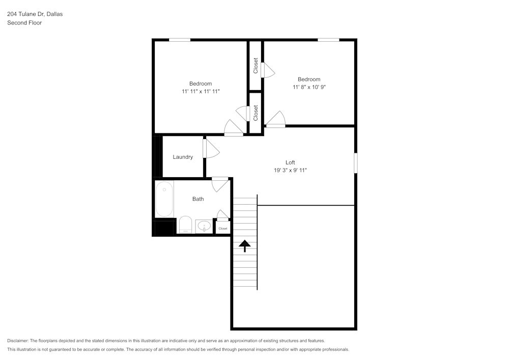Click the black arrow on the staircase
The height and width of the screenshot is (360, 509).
[245, 246]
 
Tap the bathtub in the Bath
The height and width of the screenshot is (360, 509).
[164, 199]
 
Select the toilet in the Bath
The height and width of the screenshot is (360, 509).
[185, 225]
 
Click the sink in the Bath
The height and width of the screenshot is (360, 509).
[204, 226]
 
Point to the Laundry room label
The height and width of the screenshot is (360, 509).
[183, 157]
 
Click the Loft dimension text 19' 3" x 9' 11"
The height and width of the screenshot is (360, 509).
[290, 171]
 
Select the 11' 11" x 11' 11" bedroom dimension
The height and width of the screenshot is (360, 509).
[201, 92]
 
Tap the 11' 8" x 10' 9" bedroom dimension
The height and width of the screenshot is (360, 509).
[309, 87]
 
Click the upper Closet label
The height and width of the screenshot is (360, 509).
[256, 65]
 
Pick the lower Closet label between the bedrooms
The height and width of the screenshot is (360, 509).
[256, 112]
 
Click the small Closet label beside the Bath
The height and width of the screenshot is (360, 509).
[223, 229]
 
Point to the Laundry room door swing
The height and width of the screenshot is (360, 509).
[211, 148]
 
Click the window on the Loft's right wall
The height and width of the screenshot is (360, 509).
[355, 163]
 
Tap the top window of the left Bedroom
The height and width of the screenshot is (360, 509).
[180, 40]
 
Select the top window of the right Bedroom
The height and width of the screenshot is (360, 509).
[328, 40]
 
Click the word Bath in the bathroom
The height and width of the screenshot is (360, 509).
[198, 199]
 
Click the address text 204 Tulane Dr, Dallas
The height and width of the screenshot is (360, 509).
[35, 14]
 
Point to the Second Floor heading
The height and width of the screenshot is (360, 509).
[24, 23]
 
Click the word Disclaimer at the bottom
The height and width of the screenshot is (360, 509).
[18, 341]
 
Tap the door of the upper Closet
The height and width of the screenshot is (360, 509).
[268, 70]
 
